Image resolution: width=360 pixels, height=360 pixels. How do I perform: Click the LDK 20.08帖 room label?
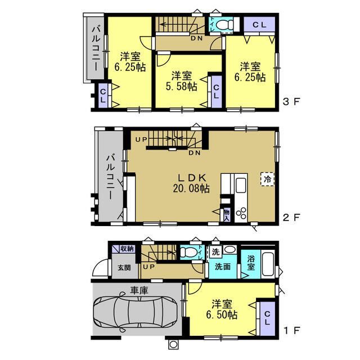click(x=191, y=183)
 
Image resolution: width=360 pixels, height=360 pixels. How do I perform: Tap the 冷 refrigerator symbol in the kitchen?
click(x=268, y=179)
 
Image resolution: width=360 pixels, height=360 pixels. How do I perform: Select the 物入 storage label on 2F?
click(x=227, y=215)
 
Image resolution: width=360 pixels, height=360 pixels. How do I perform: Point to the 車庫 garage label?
click(x=139, y=291)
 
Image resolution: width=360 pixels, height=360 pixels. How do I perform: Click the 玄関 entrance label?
click(x=124, y=268)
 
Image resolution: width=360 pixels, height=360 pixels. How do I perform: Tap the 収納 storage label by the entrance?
click(x=127, y=249)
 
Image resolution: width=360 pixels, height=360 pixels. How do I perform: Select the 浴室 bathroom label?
click(x=251, y=263)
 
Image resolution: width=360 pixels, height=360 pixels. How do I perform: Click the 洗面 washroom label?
click(x=223, y=267)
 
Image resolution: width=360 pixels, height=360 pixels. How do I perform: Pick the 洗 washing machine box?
click(x=215, y=252)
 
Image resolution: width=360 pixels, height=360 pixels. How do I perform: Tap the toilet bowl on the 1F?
click(x=189, y=253)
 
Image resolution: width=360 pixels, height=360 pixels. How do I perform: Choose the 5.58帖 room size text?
click(x=181, y=86)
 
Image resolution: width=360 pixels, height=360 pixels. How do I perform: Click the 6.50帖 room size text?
click(x=222, y=314)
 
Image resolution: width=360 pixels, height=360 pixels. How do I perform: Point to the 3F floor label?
click(x=291, y=101)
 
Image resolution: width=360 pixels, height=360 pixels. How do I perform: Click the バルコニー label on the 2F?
click(x=110, y=177)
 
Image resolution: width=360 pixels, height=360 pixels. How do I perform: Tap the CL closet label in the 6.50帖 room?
click(x=267, y=318)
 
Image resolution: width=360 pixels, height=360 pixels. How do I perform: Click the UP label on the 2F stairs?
click(x=141, y=139)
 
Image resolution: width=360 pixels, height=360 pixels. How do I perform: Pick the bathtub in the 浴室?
click(x=268, y=264)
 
